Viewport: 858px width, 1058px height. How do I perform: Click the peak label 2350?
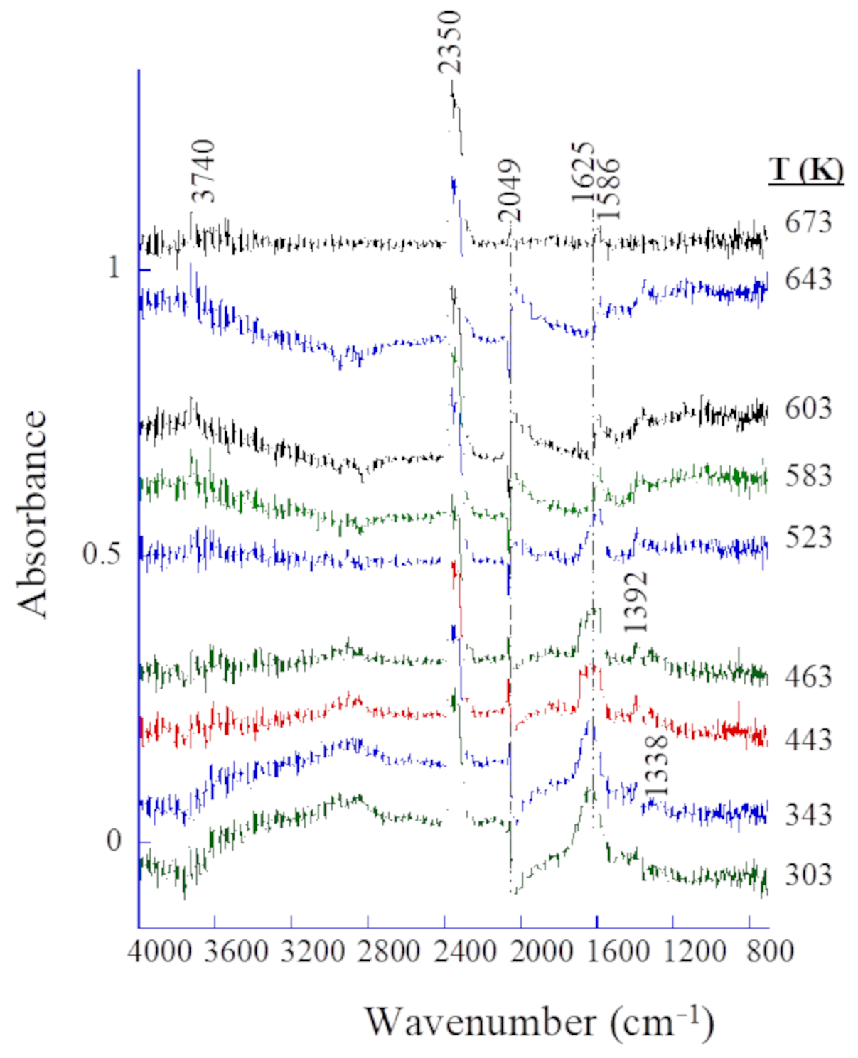(449, 42)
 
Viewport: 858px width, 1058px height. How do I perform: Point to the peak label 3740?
(203, 171)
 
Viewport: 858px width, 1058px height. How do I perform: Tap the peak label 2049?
(509, 190)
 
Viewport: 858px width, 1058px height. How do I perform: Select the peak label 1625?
(583, 173)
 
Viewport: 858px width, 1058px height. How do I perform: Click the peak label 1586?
(608, 189)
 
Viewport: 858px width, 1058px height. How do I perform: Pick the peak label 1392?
(636, 602)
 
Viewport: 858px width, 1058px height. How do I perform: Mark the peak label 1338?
(656, 766)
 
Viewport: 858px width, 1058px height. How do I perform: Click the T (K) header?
(805, 171)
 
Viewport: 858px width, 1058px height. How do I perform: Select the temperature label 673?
(808, 222)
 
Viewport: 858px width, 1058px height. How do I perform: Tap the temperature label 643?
(808, 279)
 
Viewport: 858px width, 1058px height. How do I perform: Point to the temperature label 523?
(808, 536)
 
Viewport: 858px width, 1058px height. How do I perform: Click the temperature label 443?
(808, 740)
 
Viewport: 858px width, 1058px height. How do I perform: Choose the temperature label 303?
(808, 875)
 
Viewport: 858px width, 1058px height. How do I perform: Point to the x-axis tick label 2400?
(463, 951)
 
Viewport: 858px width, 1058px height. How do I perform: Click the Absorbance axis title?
(33, 514)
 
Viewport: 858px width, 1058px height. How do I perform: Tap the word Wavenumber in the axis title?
(481, 1022)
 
